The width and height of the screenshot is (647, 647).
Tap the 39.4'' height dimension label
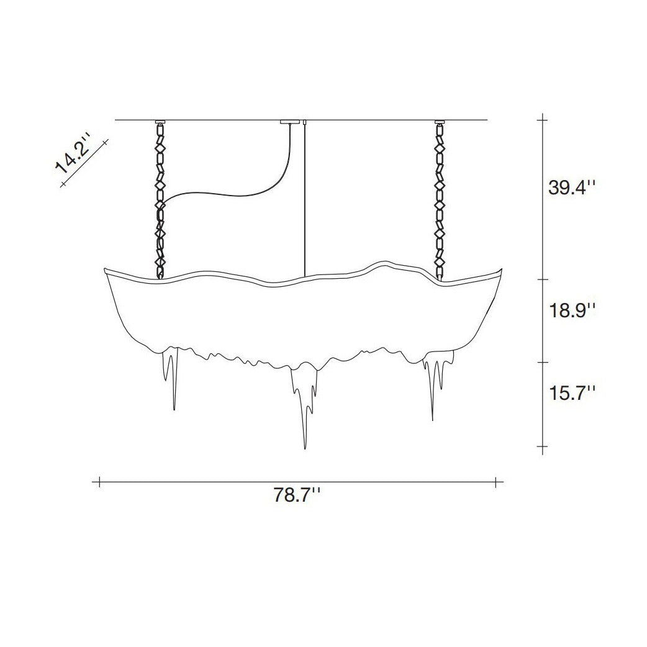[x=571, y=187]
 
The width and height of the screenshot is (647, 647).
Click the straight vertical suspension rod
[x=305, y=199]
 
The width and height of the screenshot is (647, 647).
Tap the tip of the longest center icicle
[x=304, y=448]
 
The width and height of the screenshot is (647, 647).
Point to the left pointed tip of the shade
[x=104, y=269]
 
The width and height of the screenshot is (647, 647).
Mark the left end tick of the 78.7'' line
[x=99, y=481]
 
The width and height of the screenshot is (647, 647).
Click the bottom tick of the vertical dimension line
[x=545, y=446]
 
